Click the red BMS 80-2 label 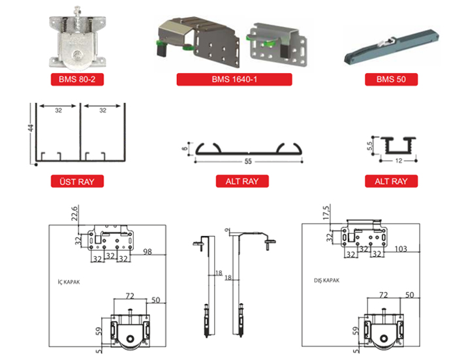click(x=78, y=80)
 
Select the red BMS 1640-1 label click(x=234, y=80)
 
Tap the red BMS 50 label click(x=391, y=80)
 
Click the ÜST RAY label click(x=77, y=181)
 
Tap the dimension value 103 click(x=400, y=249)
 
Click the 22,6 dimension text click(x=74, y=214)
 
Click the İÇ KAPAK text click(x=69, y=282)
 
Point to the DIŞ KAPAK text click(x=325, y=281)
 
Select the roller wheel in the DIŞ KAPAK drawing click(x=386, y=341)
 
